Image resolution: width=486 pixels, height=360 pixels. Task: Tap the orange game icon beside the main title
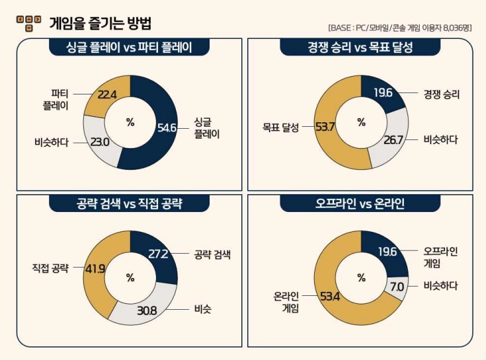(x=28, y=23)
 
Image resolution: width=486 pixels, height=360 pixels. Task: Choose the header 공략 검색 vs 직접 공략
(x=130, y=203)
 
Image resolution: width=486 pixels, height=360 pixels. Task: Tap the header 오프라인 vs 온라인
(x=360, y=203)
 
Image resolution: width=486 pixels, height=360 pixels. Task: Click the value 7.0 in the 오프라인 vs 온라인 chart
(x=397, y=286)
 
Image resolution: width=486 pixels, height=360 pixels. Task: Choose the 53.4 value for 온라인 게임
(x=329, y=296)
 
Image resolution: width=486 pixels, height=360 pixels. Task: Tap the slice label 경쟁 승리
(x=441, y=94)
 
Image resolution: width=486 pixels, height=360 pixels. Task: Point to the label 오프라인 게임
(x=440, y=257)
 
